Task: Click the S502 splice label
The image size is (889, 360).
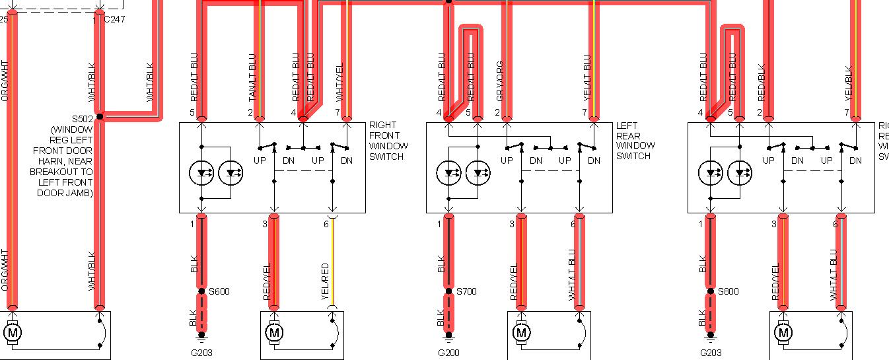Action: (83, 120)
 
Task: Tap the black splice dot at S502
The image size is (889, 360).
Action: (100, 117)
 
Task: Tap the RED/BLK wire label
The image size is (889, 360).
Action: (761, 81)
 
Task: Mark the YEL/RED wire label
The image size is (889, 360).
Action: (325, 282)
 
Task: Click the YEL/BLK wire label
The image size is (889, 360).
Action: (849, 83)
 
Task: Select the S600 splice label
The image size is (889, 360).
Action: (219, 291)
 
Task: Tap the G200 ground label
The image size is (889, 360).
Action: (448, 353)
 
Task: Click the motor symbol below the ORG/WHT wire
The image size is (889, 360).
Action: (12, 333)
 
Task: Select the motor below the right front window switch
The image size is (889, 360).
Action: (273, 333)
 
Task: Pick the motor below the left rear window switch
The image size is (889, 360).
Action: (522, 333)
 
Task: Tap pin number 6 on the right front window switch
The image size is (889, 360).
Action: (326, 225)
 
